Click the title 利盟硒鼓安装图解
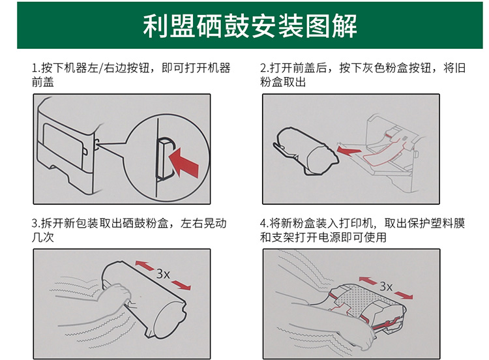click(x=250, y=26)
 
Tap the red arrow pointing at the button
click(x=184, y=162)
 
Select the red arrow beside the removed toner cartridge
click(x=349, y=151)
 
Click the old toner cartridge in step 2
click(x=306, y=151)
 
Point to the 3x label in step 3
click(x=163, y=274)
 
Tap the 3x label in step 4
click(x=386, y=286)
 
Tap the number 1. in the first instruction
click(x=36, y=68)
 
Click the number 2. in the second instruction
click(x=265, y=68)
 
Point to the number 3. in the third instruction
click(x=36, y=223)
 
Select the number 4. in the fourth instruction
click(x=265, y=223)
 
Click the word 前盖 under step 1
click(x=43, y=82)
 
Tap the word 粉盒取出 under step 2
click(x=283, y=82)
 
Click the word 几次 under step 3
click(x=43, y=237)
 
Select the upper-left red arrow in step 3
click(x=144, y=265)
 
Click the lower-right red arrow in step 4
click(x=404, y=295)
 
